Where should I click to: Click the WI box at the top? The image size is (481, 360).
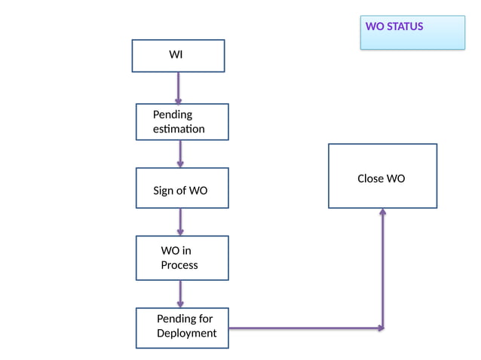178,56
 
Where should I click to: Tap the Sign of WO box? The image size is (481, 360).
182,188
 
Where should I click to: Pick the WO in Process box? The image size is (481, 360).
182,258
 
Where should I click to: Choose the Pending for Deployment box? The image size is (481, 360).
182,328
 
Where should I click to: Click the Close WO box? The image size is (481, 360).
382,176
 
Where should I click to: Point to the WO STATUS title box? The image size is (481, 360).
412,32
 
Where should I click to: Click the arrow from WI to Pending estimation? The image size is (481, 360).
179,88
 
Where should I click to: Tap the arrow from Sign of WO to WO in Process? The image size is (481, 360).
180,222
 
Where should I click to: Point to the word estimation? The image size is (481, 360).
179,129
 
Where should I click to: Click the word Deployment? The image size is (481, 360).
186,333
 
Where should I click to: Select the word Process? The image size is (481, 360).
179,265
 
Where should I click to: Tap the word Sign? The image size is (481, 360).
164,191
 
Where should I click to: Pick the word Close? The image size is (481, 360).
370,179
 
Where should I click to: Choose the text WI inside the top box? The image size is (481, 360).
176,55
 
